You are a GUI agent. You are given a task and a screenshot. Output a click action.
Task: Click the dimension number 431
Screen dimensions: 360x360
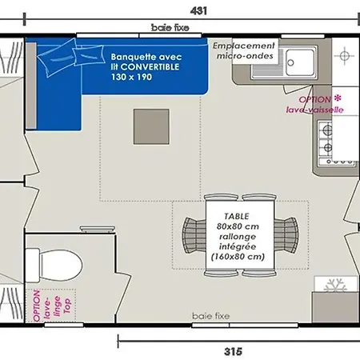(x=198, y=10)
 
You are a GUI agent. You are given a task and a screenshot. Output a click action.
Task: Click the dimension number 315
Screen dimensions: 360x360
(x=233, y=351)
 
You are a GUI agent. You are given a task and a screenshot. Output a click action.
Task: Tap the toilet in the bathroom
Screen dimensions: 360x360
(x=54, y=265)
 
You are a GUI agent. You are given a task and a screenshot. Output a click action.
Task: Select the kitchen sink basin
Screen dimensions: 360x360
(x=300, y=62)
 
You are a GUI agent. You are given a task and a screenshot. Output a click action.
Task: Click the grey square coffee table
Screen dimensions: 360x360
(x=151, y=126)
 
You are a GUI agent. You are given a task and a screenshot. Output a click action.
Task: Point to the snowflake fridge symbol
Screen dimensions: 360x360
(x=336, y=286)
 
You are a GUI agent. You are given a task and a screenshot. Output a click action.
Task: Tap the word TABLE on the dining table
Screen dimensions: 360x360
(x=237, y=216)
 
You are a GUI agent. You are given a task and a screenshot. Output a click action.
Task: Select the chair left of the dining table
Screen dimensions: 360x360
(x=194, y=235)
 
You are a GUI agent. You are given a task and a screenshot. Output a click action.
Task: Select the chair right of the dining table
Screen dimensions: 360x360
(x=286, y=235)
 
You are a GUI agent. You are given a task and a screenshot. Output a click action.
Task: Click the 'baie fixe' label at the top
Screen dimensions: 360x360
(x=170, y=27)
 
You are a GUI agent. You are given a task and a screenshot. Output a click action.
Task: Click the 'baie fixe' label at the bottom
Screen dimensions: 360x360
(x=210, y=316)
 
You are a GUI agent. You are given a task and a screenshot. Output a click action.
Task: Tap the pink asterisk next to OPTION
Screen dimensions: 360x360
(x=338, y=98)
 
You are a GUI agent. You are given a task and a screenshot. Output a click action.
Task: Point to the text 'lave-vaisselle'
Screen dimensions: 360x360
(x=314, y=110)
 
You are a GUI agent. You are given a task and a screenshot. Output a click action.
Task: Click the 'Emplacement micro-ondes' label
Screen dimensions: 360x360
(x=244, y=50)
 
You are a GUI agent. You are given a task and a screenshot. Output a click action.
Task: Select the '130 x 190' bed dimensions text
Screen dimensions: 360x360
(x=132, y=77)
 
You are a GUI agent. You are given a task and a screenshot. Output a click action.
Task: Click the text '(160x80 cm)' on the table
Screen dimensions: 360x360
(x=238, y=257)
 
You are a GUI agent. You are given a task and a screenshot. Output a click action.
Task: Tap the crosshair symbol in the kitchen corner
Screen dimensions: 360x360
(x=344, y=56)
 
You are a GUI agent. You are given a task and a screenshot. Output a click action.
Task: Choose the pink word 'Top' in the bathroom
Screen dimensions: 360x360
(x=67, y=306)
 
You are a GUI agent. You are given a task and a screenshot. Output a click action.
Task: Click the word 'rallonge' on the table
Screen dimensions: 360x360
(x=238, y=237)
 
